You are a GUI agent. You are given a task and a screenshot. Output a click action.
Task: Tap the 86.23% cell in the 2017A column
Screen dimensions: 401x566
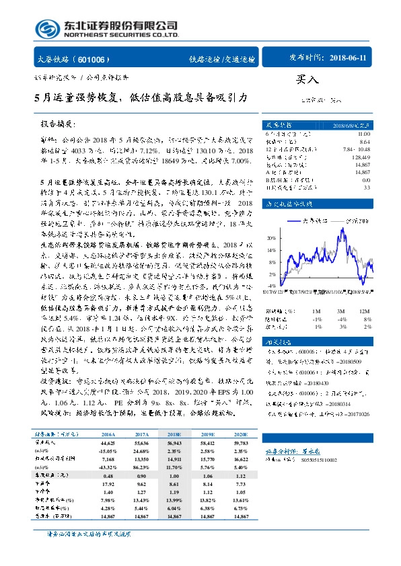pos(142,465)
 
